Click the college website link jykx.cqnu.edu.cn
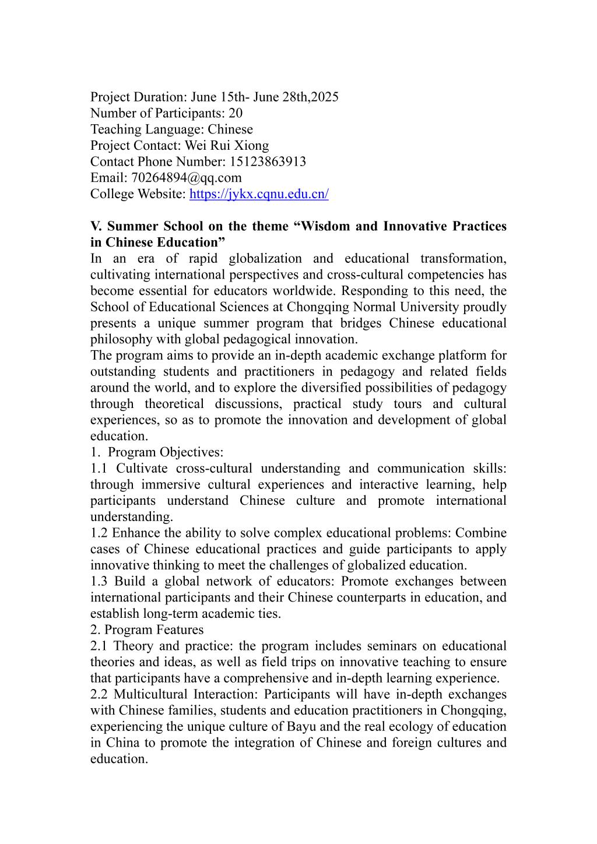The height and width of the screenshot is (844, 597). click(x=259, y=194)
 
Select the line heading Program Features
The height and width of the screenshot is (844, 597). click(x=155, y=630)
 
